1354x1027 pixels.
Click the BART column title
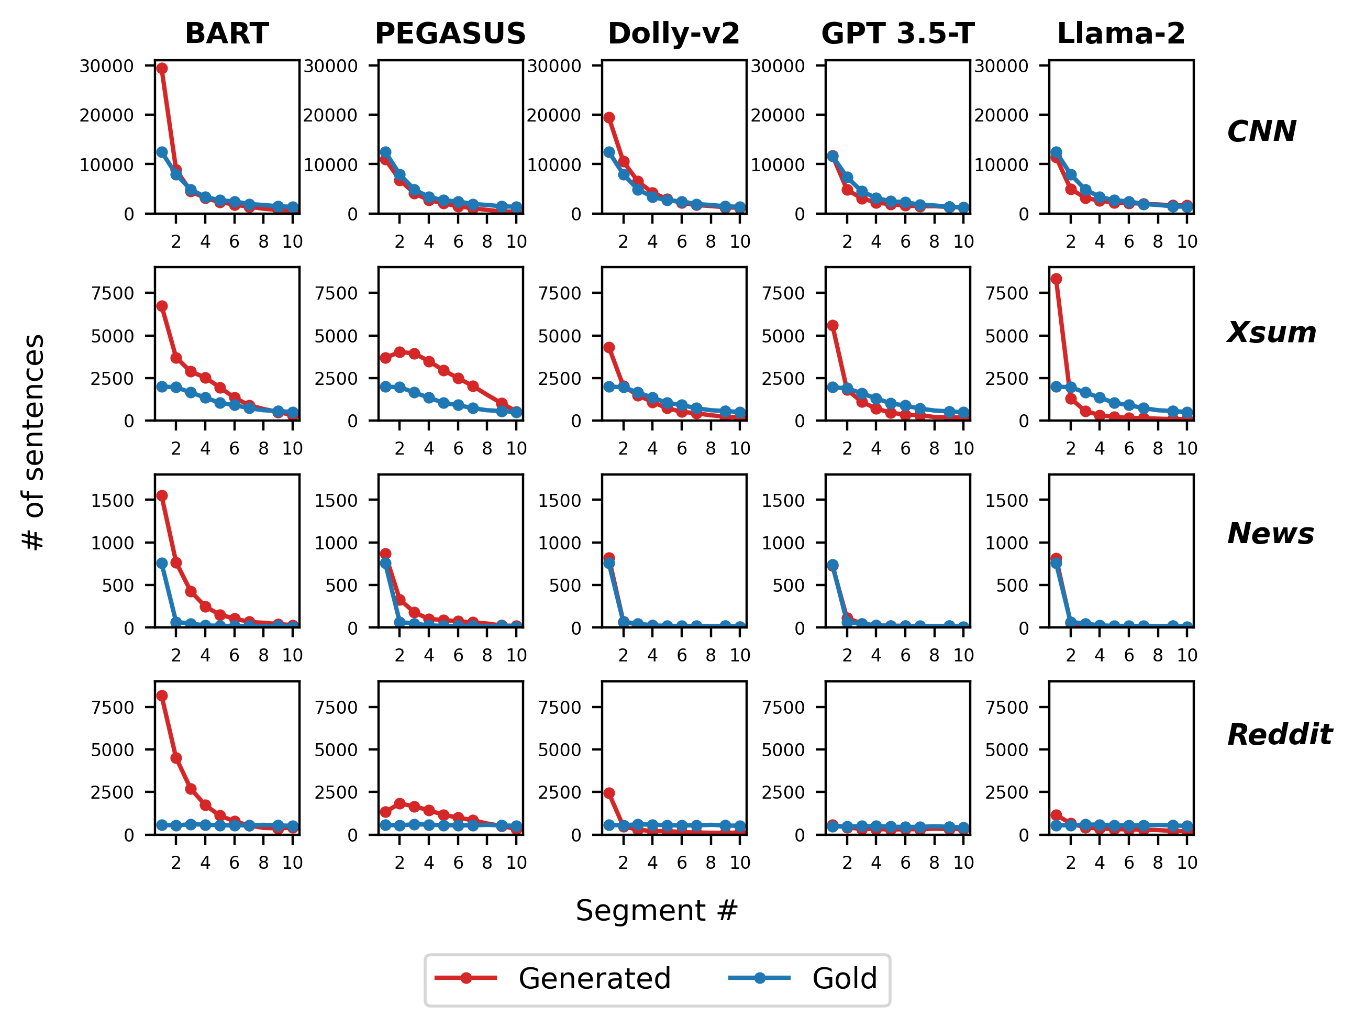(x=227, y=33)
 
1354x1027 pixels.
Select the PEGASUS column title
(x=450, y=33)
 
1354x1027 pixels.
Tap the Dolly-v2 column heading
(x=673, y=33)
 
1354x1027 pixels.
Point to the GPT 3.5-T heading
(x=897, y=33)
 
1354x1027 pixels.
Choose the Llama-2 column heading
(x=1121, y=33)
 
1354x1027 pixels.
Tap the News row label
(x=1270, y=534)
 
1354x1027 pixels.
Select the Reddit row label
(x=1279, y=734)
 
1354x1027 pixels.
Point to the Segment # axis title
(x=657, y=911)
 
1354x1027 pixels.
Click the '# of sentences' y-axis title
(x=34, y=442)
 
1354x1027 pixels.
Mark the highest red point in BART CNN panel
(x=162, y=69)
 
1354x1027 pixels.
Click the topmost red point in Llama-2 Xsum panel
(x=1056, y=279)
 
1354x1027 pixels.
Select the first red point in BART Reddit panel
(x=162, y=695)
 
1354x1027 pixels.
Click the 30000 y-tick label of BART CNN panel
(x=106, y=66)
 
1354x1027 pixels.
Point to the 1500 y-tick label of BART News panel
(x=112, y=500)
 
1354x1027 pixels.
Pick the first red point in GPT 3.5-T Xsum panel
(x=833, y=326)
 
